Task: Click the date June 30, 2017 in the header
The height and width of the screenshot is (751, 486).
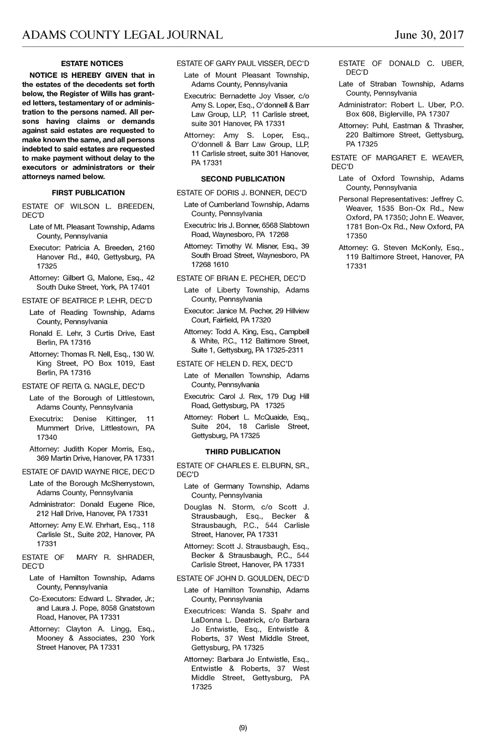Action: coord(429,35)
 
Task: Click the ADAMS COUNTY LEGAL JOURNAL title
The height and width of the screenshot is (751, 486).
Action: coord(122,35)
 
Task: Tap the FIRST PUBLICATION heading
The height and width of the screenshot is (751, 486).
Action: coord(88,193)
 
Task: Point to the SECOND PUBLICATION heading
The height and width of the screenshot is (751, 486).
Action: coord(243,179)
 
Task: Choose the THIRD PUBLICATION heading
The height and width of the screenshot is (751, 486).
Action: coord(243,452)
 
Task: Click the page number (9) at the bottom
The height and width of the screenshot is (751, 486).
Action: coord(243,728)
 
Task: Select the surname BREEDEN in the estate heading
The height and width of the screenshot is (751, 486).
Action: coord(136,206)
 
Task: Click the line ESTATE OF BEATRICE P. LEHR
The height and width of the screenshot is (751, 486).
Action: coord(88,301)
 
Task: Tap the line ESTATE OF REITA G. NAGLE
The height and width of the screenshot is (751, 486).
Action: coord(84,386)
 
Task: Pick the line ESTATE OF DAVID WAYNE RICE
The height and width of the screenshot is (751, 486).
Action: coord(88,472)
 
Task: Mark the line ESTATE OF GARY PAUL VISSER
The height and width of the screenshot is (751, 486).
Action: coord(243,64)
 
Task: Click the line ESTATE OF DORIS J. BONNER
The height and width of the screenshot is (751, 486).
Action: coord(242,193)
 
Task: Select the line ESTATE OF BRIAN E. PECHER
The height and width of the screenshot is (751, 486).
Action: coord(241,278)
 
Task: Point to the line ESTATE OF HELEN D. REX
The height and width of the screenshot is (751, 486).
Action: coord(234,364)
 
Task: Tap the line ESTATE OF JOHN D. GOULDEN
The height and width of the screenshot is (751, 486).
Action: coord(243,578)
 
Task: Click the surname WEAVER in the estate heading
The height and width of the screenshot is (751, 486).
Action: coord(448,158)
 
